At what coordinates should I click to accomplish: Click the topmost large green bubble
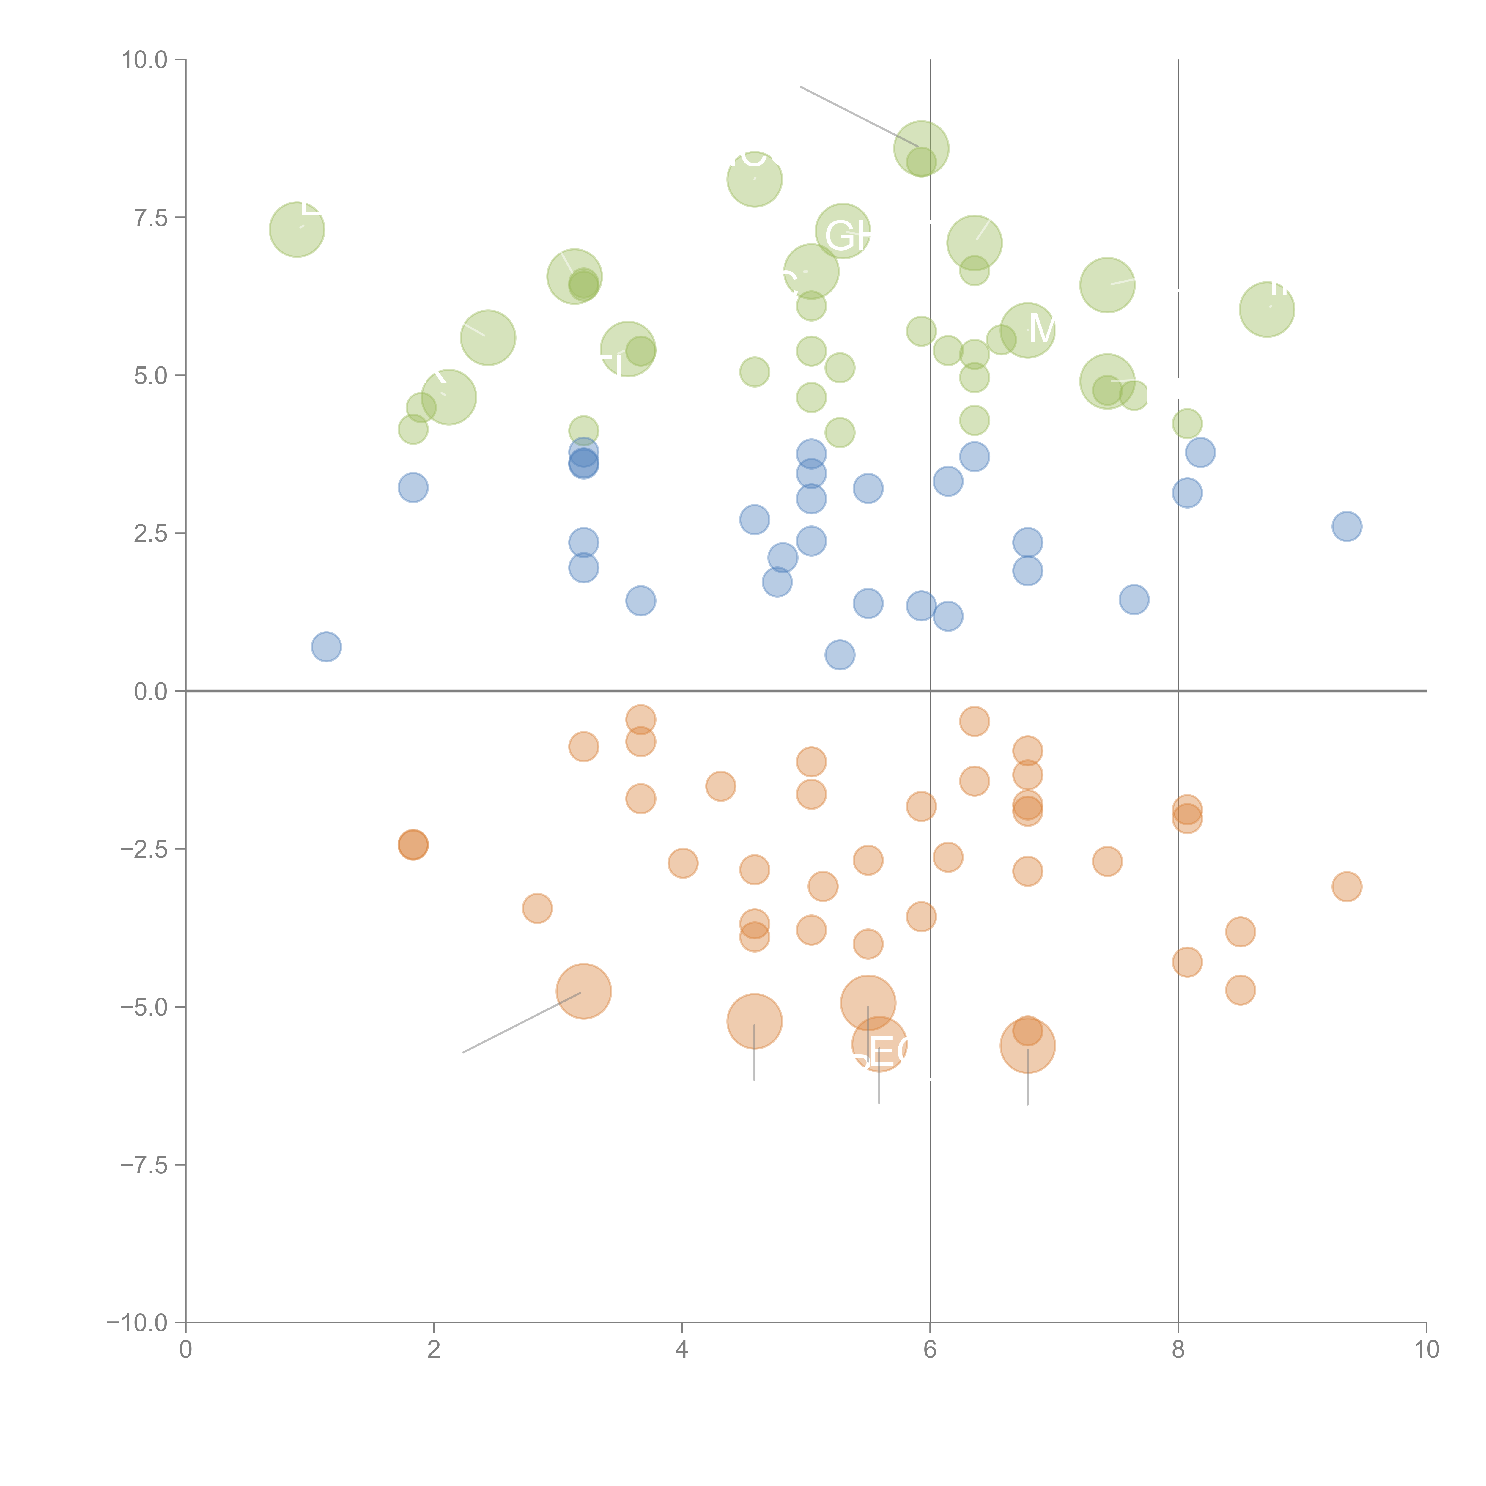pos(921,148)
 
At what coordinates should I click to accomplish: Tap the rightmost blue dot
pos(1346,526)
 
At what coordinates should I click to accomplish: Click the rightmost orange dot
pos(1346,886)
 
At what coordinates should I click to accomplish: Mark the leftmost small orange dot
pos(413,845)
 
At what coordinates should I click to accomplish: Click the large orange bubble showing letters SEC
pos(879,1044)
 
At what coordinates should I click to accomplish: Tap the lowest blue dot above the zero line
pos(839,654)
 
